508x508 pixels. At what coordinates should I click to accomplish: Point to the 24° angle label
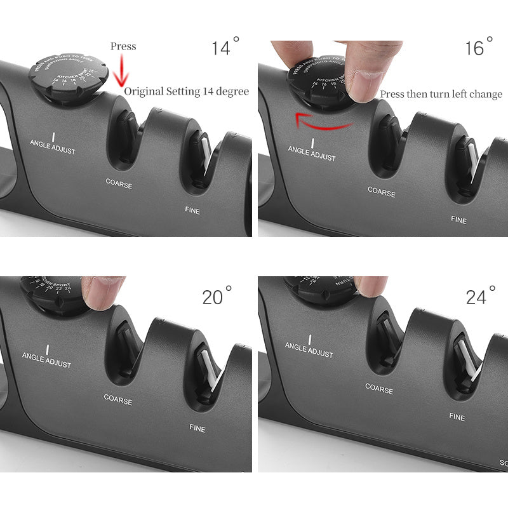(x=480, y=295)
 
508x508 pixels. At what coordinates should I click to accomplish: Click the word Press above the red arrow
(x=123, y=46)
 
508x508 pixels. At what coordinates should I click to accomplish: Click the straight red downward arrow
(x=121, y=71)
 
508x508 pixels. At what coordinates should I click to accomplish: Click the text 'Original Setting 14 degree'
(x=186, y=91)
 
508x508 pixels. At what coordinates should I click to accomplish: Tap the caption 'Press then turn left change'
(x=441, y=94)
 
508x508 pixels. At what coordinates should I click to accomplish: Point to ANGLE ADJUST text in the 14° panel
(x=54, y=143)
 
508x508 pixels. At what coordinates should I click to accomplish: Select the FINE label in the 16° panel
(x=458, y=220)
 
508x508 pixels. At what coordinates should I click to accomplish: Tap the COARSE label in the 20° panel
(x=118, y=401)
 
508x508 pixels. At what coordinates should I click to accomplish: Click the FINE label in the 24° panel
(x=457, y=417)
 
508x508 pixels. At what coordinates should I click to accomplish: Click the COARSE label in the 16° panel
(x=382, y=191)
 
